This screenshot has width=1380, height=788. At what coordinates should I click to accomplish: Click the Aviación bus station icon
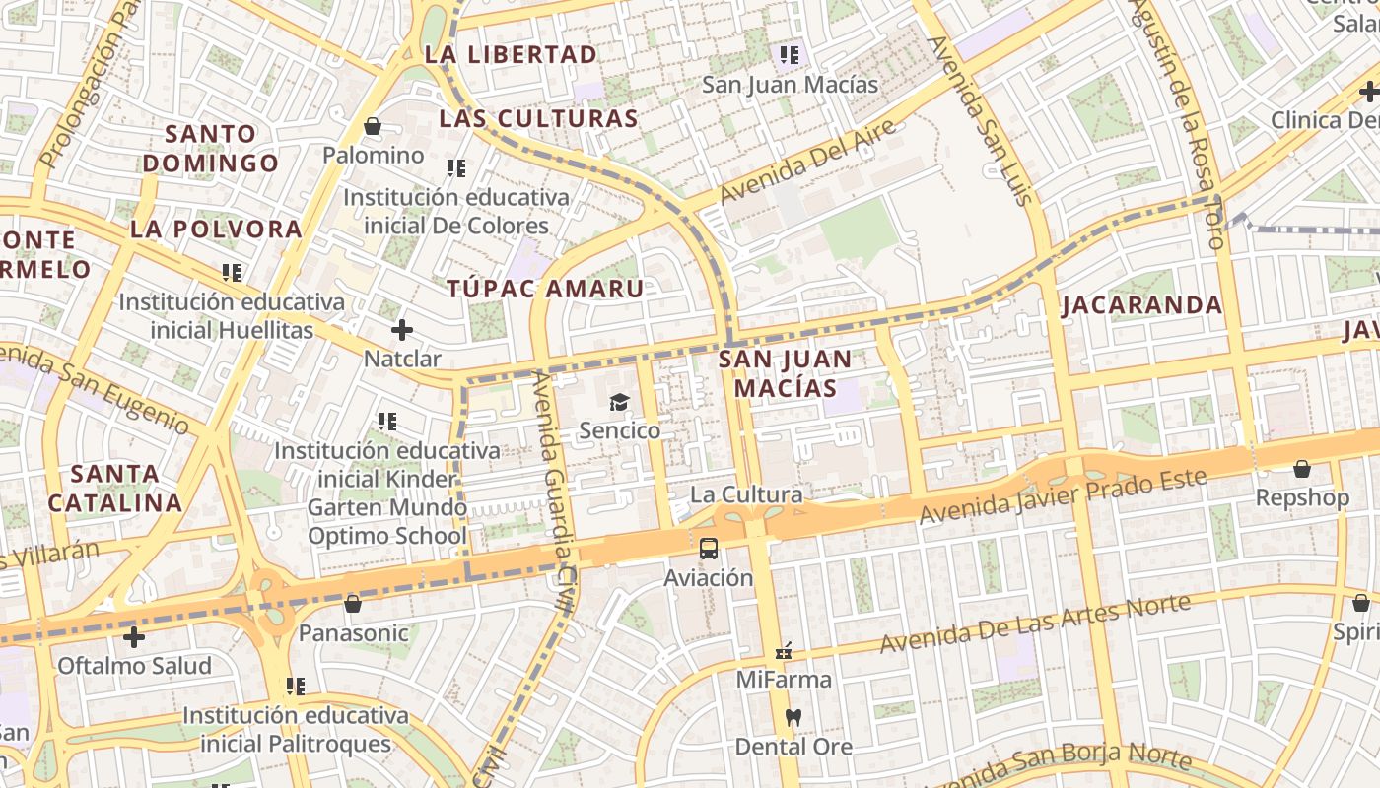coord(708,549)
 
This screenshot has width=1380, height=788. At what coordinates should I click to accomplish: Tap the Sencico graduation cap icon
coord(619,402)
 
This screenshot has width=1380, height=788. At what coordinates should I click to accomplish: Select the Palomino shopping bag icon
coord(373,126)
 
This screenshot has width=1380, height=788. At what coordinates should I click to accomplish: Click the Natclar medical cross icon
coord(402,330)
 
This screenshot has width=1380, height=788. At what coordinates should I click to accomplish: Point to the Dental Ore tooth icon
coord(793,717)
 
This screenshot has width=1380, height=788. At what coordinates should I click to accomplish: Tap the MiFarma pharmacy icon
coord(785,651)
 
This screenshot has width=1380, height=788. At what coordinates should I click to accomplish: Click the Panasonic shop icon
coord(353,604)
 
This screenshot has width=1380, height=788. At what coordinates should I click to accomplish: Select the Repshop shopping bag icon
coord(1302,469)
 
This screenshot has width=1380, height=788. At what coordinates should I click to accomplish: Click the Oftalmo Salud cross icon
coord(134,637)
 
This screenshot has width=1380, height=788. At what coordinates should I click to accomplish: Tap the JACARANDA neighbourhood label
coord(1141,305)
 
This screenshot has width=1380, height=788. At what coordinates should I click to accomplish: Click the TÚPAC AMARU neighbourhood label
coord(545,289)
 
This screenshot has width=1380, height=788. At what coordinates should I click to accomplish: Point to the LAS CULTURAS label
coord(538,119)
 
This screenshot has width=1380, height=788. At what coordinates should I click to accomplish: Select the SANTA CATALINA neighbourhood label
coord(115,489)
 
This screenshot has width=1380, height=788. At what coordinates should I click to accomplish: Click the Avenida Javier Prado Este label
coord(1062,496)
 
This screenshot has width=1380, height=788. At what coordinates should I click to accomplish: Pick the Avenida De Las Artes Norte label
coord(1036,623)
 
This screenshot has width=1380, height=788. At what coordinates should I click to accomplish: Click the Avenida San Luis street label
coord(981,120)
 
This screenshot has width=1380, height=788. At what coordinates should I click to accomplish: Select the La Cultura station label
coord(746,494)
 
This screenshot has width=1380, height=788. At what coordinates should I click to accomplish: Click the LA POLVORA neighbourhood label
coord(216,230)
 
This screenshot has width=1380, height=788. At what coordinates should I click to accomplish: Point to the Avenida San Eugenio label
coord(94,388)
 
